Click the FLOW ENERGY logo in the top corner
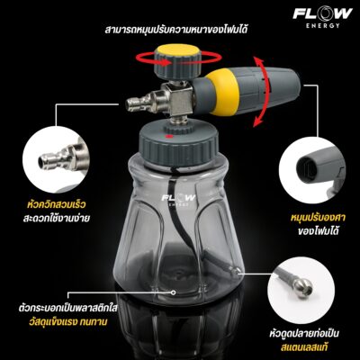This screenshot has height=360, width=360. coord(322,17)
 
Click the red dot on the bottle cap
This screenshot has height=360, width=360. coord(170,137)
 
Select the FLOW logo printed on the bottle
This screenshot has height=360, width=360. coord(178,200)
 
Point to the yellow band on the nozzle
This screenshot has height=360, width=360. coord(222,92)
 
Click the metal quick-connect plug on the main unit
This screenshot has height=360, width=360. coord(143,103)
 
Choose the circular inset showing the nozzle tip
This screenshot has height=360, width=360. coord(312,170)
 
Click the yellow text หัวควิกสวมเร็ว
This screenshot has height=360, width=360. coord(56,205)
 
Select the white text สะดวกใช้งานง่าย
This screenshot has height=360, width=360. coord(57,218)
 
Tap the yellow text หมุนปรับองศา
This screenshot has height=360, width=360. coord(318,218)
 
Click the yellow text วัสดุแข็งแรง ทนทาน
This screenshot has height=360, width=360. coord(68,322)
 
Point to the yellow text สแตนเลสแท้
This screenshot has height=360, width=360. coord(303,347)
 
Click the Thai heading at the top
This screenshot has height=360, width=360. coord(176,31)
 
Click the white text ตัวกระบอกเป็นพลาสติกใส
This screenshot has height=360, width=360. coord(67,308)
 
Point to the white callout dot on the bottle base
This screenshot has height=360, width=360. coord(173,292)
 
